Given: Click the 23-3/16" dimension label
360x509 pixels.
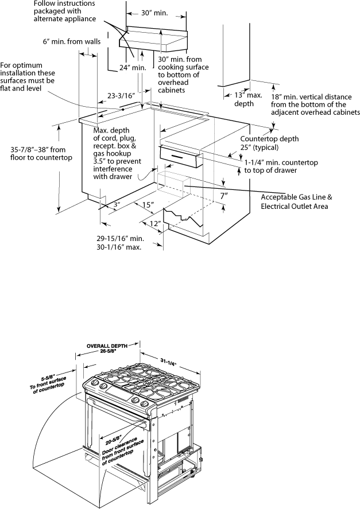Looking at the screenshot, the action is click(x=121, y=96).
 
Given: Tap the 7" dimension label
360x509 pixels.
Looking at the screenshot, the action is click(x=224, y=196).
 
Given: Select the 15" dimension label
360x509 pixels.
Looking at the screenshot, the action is click(x=148, y=205).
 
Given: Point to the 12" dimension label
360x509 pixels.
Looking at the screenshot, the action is click(x=156, y=224).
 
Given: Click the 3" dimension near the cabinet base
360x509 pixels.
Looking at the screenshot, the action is click(x=117, y=205).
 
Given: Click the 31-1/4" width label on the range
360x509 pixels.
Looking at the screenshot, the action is click(x=168, y=362).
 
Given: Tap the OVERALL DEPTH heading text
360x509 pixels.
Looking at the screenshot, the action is click(x=107, y=345).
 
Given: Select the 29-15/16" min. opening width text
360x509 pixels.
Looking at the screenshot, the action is click(x=120, y=239).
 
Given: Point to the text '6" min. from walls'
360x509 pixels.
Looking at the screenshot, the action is click(x=71, y=41).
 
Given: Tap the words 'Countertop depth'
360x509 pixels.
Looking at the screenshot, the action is click(x=269, y=139).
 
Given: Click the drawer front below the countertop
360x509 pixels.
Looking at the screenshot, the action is click(x=179, y=157).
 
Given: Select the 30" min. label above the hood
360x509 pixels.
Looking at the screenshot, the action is click(x=154, y=13).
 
